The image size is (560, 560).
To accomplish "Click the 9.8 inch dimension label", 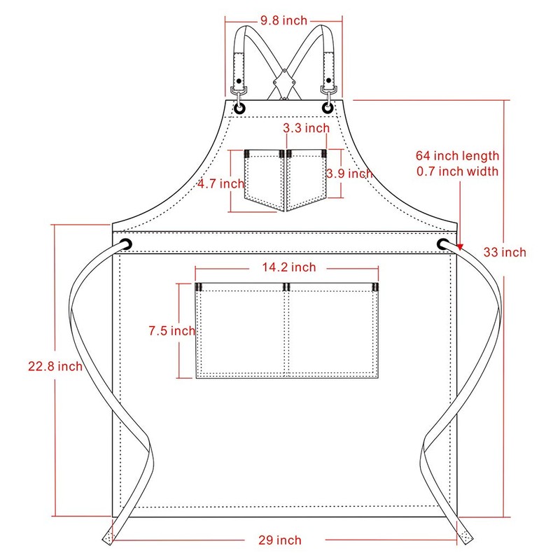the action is pos(284,20).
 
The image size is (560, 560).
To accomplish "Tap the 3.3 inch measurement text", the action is pos(307,128).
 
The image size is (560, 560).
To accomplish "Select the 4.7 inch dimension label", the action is pos(221,183).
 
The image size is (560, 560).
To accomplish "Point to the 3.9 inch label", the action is pos(349,174).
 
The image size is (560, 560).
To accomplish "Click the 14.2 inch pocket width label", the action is pos(289,267).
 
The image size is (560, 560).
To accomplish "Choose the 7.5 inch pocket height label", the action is pos(172,330).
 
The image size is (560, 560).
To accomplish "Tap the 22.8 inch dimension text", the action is pos(55,366).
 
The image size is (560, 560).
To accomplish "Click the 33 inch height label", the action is pos(505,252).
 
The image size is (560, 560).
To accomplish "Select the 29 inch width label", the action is pos(280,540).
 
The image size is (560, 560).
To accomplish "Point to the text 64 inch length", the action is pos(458,155).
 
